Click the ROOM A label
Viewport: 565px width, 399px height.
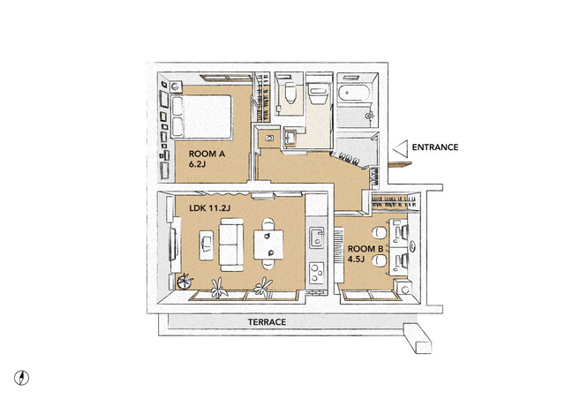[207, 154]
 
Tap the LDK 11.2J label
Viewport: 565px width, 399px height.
[210, 208]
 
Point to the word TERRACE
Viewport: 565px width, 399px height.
[267, 322]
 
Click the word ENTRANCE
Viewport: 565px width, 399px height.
[435, 147]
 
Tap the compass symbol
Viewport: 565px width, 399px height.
[21, 378]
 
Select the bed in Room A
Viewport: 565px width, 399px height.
[201, 117]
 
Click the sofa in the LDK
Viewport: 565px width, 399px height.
[231, 245]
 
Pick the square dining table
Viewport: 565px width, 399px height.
[268, 245]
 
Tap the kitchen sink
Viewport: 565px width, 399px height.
[316, 237]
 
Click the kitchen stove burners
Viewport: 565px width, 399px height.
[317, 273]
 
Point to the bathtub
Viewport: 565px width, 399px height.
[354, 93]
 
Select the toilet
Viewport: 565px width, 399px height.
[290, 93]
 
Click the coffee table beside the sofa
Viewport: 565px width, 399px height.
[206, 245]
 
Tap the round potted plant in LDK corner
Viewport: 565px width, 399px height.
[185, 281]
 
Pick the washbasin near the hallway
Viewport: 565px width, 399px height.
[290, 138]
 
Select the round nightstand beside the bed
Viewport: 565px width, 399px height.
[176, 87]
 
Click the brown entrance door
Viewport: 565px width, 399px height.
[400, 165]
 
